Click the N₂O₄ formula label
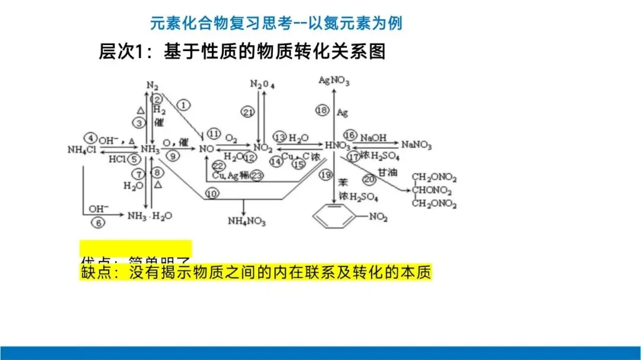click(262, 84)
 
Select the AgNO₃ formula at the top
click(334, 79)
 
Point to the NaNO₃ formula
click(417, 145)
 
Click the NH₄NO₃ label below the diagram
click(247, 222)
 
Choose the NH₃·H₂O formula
click(150, 216)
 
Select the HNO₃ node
click(338, 145)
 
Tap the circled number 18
click(322, 110)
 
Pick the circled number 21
click(248, 111)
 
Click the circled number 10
click(212, 193)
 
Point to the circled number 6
click(98, 222)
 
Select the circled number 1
click(184, 105)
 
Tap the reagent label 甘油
click(388, 172)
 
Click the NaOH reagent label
click(373, 137)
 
